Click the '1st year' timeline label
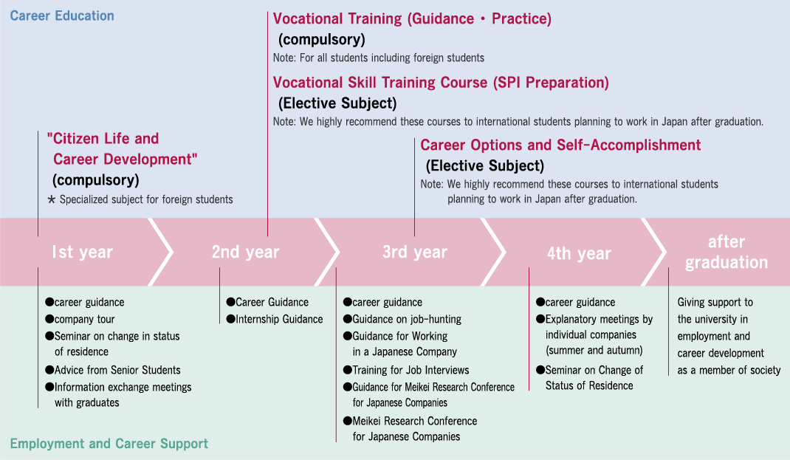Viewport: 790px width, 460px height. (x=82, y=252)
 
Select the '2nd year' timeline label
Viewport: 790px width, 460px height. (x=245, y=252)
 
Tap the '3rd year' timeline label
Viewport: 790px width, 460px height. (x=415, y=252)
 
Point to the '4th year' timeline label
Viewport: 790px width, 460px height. (x=579, y=253)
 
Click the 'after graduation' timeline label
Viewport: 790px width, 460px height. (x=726, y=252)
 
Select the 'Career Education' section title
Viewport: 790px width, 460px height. (x=62, y=16)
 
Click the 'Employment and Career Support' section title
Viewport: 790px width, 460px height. (x=109, y=443)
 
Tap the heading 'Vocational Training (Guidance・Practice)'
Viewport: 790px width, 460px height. (x=412, y=18)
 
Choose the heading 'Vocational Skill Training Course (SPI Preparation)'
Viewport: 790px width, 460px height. (x=441, y=82)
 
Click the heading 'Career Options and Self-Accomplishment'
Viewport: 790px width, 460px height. (x=560, y=145)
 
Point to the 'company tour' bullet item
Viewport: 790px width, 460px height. (x=80, y=319)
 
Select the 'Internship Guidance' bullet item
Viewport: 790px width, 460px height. (x=275, y=319)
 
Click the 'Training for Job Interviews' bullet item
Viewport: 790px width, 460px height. (x=406, y=370)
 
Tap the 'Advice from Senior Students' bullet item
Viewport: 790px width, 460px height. (x=113, y=370)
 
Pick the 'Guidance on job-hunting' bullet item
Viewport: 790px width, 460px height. (x=402, y=319)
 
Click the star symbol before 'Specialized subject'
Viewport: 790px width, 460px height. (x=52, y=199)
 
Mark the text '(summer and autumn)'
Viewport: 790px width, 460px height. (x=594, y=350)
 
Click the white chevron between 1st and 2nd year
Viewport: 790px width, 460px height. (x=161, y=252)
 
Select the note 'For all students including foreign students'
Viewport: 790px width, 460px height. (x=392, y=58)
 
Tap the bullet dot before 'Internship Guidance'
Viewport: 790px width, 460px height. (x=231, y=318)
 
